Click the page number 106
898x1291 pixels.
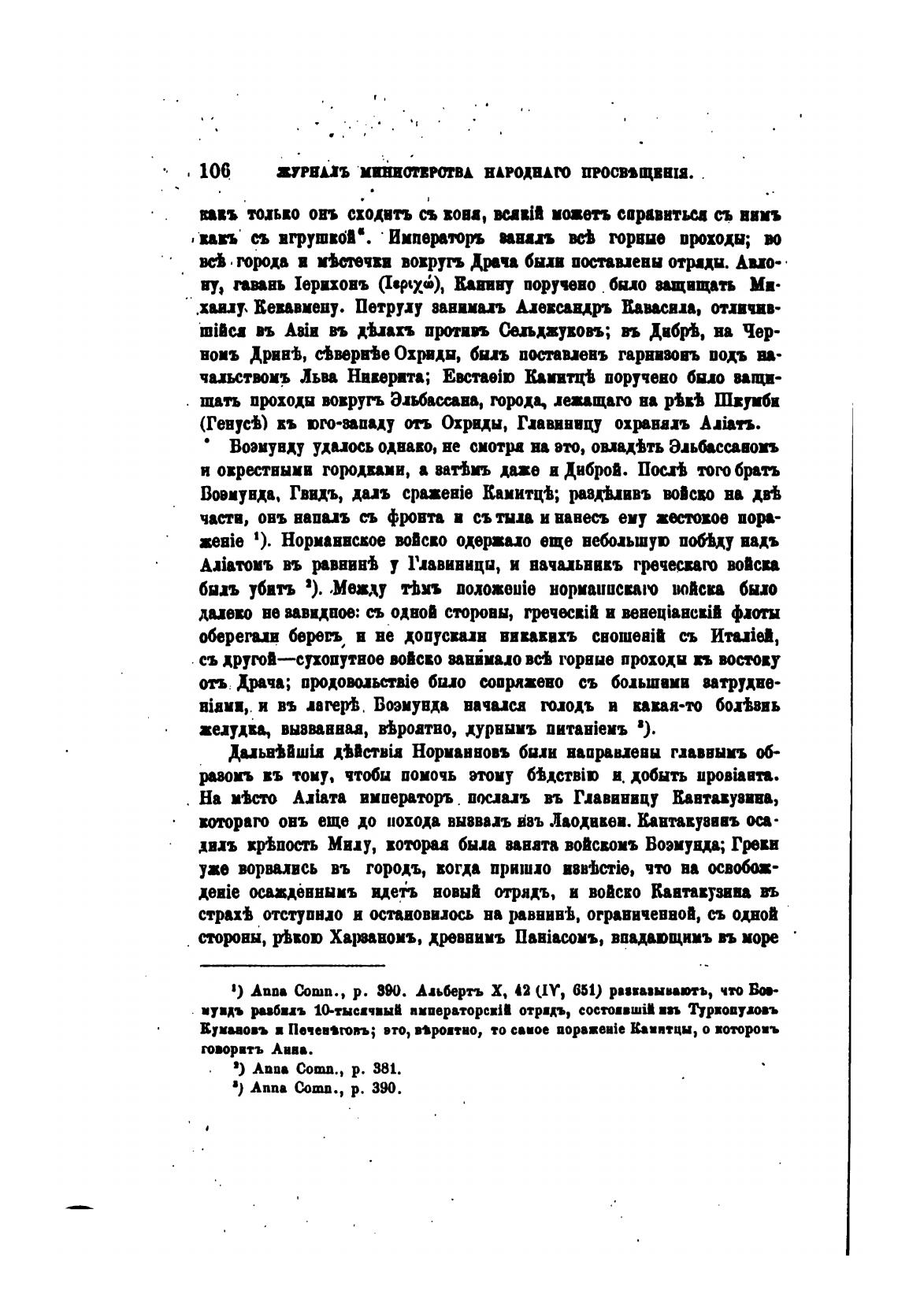[214, 170]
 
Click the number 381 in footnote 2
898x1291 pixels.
[388, 1070]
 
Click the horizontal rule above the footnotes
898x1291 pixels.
[293, 964]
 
